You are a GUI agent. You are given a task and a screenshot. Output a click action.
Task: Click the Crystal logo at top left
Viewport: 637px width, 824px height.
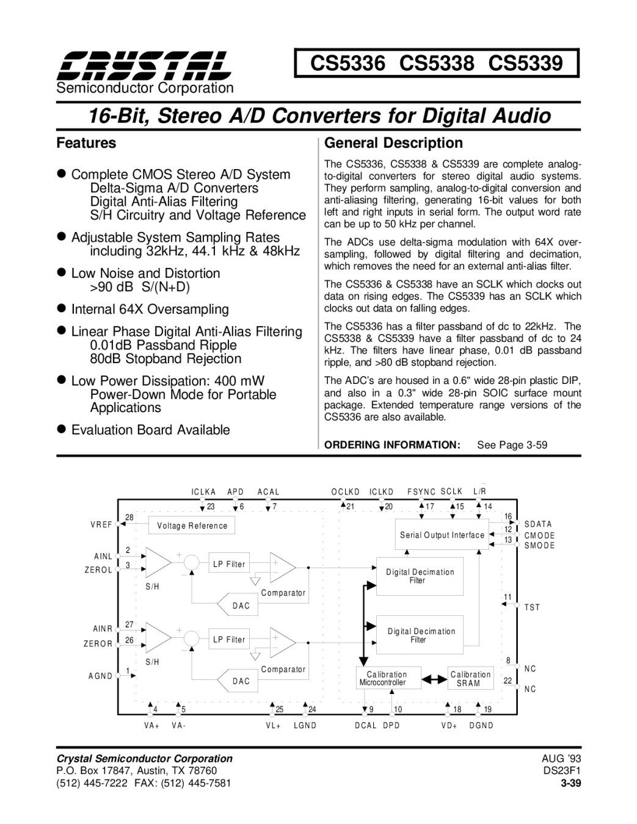click(x=145, y=66)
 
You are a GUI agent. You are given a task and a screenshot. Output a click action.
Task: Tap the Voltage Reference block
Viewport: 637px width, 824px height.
click(x=192, y=526)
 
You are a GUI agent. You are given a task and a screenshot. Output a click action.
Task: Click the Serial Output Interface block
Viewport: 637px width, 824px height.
click(x=442, y=535)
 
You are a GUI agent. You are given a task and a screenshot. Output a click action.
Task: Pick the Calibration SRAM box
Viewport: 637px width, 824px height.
click(x=470, y=679)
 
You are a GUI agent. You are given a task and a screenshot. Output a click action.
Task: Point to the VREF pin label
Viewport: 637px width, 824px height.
click(x=101, y=524)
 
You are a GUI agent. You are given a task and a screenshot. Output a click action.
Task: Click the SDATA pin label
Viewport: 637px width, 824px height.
click(x=538, y=524)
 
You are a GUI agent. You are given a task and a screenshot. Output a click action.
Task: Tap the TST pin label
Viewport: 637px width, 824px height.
click(x=532, y=607)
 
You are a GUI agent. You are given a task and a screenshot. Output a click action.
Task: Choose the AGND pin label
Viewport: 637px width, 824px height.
click(x=100, y=676)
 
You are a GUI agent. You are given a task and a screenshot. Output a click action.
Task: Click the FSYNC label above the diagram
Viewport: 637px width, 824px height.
click(x=421, y=491)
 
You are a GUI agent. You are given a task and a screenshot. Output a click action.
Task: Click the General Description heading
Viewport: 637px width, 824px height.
click(x=393, y=143)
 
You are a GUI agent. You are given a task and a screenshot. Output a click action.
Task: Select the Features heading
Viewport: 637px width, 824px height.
click(x=86, y=143)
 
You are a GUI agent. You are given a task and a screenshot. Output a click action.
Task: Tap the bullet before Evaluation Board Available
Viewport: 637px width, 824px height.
click(x=61, y=430)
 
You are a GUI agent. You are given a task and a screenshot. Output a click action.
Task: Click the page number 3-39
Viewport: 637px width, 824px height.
click(x=570, y=783)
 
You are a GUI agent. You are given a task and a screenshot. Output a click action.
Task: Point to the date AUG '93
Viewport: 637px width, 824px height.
click(x=561, y=758)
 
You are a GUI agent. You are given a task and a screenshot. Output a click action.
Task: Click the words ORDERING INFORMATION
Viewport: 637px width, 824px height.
click(x=391, y=445)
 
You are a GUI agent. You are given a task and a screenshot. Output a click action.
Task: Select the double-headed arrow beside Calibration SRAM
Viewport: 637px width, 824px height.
click(x=435, y=679)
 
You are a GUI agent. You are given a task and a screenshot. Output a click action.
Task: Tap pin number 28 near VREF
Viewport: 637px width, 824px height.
click(x=129, y=518)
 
